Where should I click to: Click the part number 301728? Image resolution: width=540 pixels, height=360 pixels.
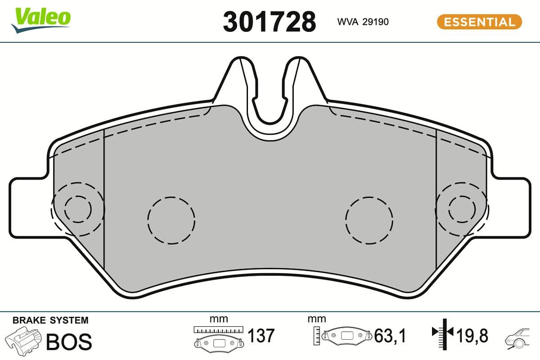[x=269, y=22]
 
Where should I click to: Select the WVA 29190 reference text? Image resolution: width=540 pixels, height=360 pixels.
[x=363, y=22]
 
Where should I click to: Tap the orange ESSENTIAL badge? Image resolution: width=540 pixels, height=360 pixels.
[x=479, y=22]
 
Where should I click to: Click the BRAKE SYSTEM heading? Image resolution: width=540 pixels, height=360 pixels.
[x=50, y=320]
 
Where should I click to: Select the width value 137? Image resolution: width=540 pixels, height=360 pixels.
[x=261, y=336]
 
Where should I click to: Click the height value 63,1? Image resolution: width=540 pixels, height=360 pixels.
[x=390, y=336]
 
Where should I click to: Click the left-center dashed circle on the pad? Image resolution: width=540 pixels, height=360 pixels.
[x=171, y=220]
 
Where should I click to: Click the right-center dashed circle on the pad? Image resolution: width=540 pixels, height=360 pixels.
[x=369, y=220]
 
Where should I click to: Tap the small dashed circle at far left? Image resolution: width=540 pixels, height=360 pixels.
[x=78, y=209]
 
